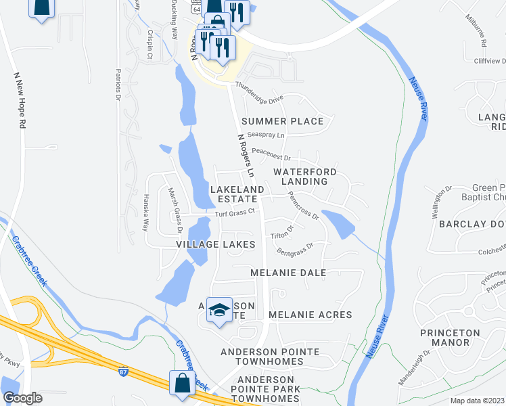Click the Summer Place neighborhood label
[282, 121]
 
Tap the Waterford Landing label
[300, 177]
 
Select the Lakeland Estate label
[234, 194]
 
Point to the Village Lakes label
[215, 244]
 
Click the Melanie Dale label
[288, 273]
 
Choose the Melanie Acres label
[310, 315]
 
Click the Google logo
[22, 398]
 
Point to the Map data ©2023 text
[477, 400]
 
